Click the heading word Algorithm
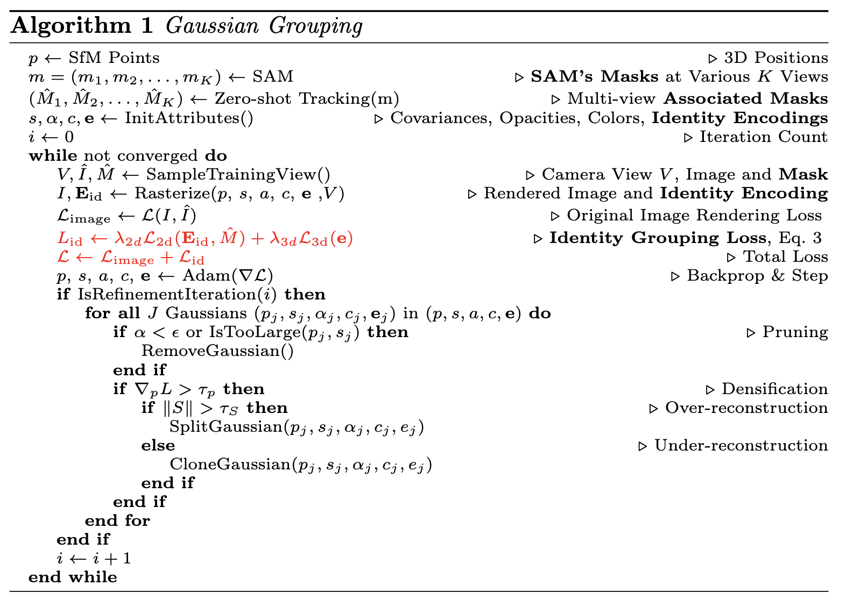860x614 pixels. pyautogui.click(x=71, y=26)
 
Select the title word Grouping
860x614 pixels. pyautogui.click(x=316, y=26)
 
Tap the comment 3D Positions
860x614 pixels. pyautogui.click(x=776, y=58)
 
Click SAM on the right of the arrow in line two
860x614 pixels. pyautogui.click(x=273, y=76)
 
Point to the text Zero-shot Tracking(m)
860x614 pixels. pyautogui.click(x=307, y=99)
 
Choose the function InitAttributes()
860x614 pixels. pyautogui.click(x=189, y=118)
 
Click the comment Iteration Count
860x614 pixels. pyautogui.click(x=763, y=137)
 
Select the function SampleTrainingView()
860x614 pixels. pyautogui.click(x=238, y=175)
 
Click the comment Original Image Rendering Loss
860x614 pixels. pyautogui.click(x=694, y=216)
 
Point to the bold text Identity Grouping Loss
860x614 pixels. pyautogui.click(x=658, y=238)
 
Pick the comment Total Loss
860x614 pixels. pyautogui.click(x=785, y=256)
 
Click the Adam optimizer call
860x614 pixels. pyautogui.click(x=228, y=276)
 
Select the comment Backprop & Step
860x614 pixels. pyautogui.click(x=757, y=276)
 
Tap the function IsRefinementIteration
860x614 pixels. pyautogui.click(x=166, y=295)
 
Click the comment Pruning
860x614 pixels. pyautogui.click(x=795, y=332)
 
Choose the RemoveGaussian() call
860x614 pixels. pyautogui.click(x=217, y=351)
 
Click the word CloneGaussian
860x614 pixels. pyautogui.click(x=230, y=465)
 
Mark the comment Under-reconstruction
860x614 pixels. pyautogui.click(x=741, y=446)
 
